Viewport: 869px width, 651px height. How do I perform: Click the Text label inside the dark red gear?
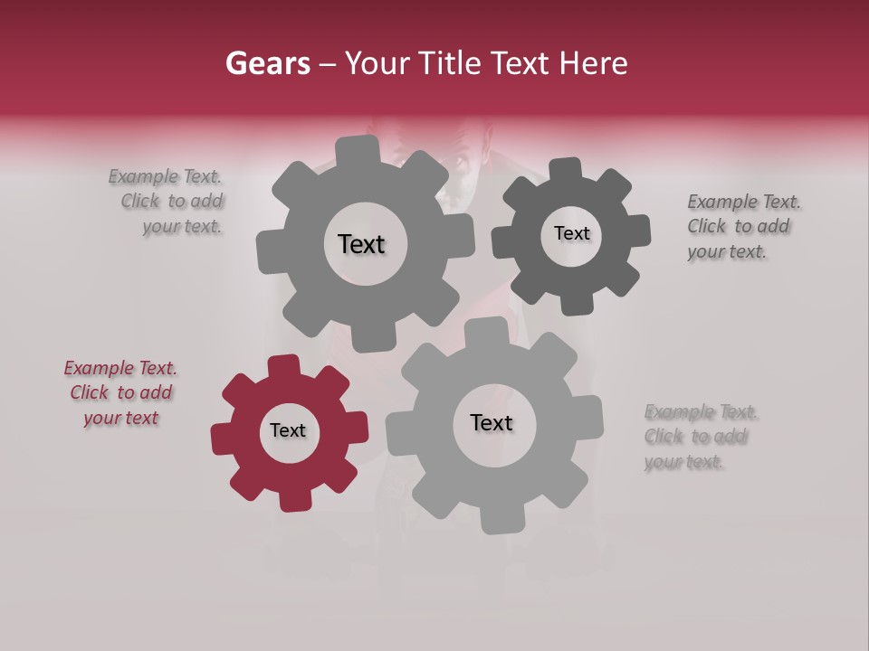click(x=288, y=431)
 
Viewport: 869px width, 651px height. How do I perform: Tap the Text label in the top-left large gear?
click(x=361, y=244)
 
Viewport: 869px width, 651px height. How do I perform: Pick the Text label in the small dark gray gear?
click(x=571, y=233)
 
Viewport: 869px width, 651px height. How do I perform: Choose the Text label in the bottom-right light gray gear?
click(x=492, y=423)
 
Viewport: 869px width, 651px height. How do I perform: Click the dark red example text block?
click(x=120, y=393)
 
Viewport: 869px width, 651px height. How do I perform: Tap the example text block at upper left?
click(x=167, y=202)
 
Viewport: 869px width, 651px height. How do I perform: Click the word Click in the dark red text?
click(x=89, y=393)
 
